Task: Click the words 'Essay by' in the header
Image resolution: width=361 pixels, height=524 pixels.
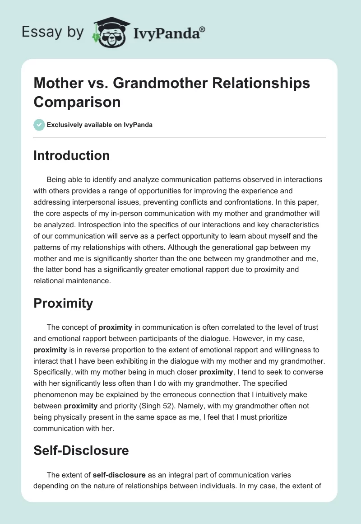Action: [x=53, y=32]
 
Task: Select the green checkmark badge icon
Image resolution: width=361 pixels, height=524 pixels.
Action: [x=39, y=125]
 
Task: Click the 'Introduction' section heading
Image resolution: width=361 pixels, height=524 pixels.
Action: [x=71, y=155]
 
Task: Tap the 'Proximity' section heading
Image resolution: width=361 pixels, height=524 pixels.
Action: [x=63, y=303]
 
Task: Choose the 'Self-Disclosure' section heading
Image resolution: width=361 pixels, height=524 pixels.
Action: [x=81, y=450]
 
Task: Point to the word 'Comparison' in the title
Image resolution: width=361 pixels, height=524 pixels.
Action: [x=77, y=102]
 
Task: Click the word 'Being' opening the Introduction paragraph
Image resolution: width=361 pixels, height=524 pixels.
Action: [x=55, y=179]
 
